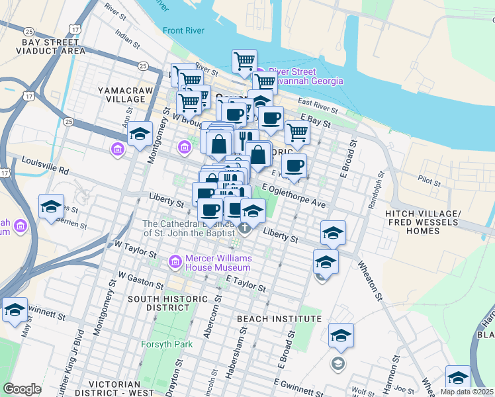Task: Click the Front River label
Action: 182,30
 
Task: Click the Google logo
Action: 22,388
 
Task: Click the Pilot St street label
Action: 429,179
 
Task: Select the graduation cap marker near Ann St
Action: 140,135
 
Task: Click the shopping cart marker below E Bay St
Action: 297,133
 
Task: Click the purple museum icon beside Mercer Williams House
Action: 175,263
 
